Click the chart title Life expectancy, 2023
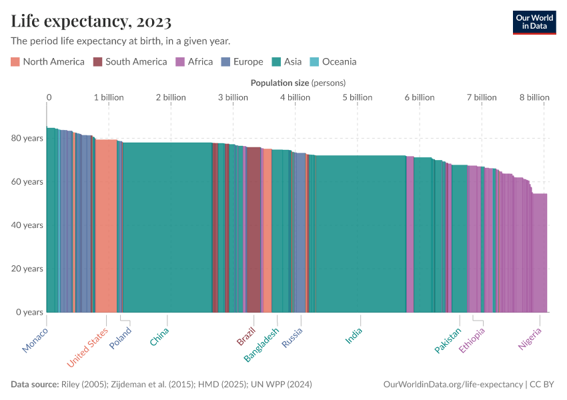91,21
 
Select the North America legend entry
47,62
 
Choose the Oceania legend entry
333,62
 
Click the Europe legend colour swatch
225,62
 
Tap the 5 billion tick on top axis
358,97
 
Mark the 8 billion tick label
534,97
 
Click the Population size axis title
298,83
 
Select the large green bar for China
167,227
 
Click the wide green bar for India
360,233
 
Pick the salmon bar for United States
106,227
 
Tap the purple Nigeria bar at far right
539,253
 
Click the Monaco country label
35,340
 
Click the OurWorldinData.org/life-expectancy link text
453,385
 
